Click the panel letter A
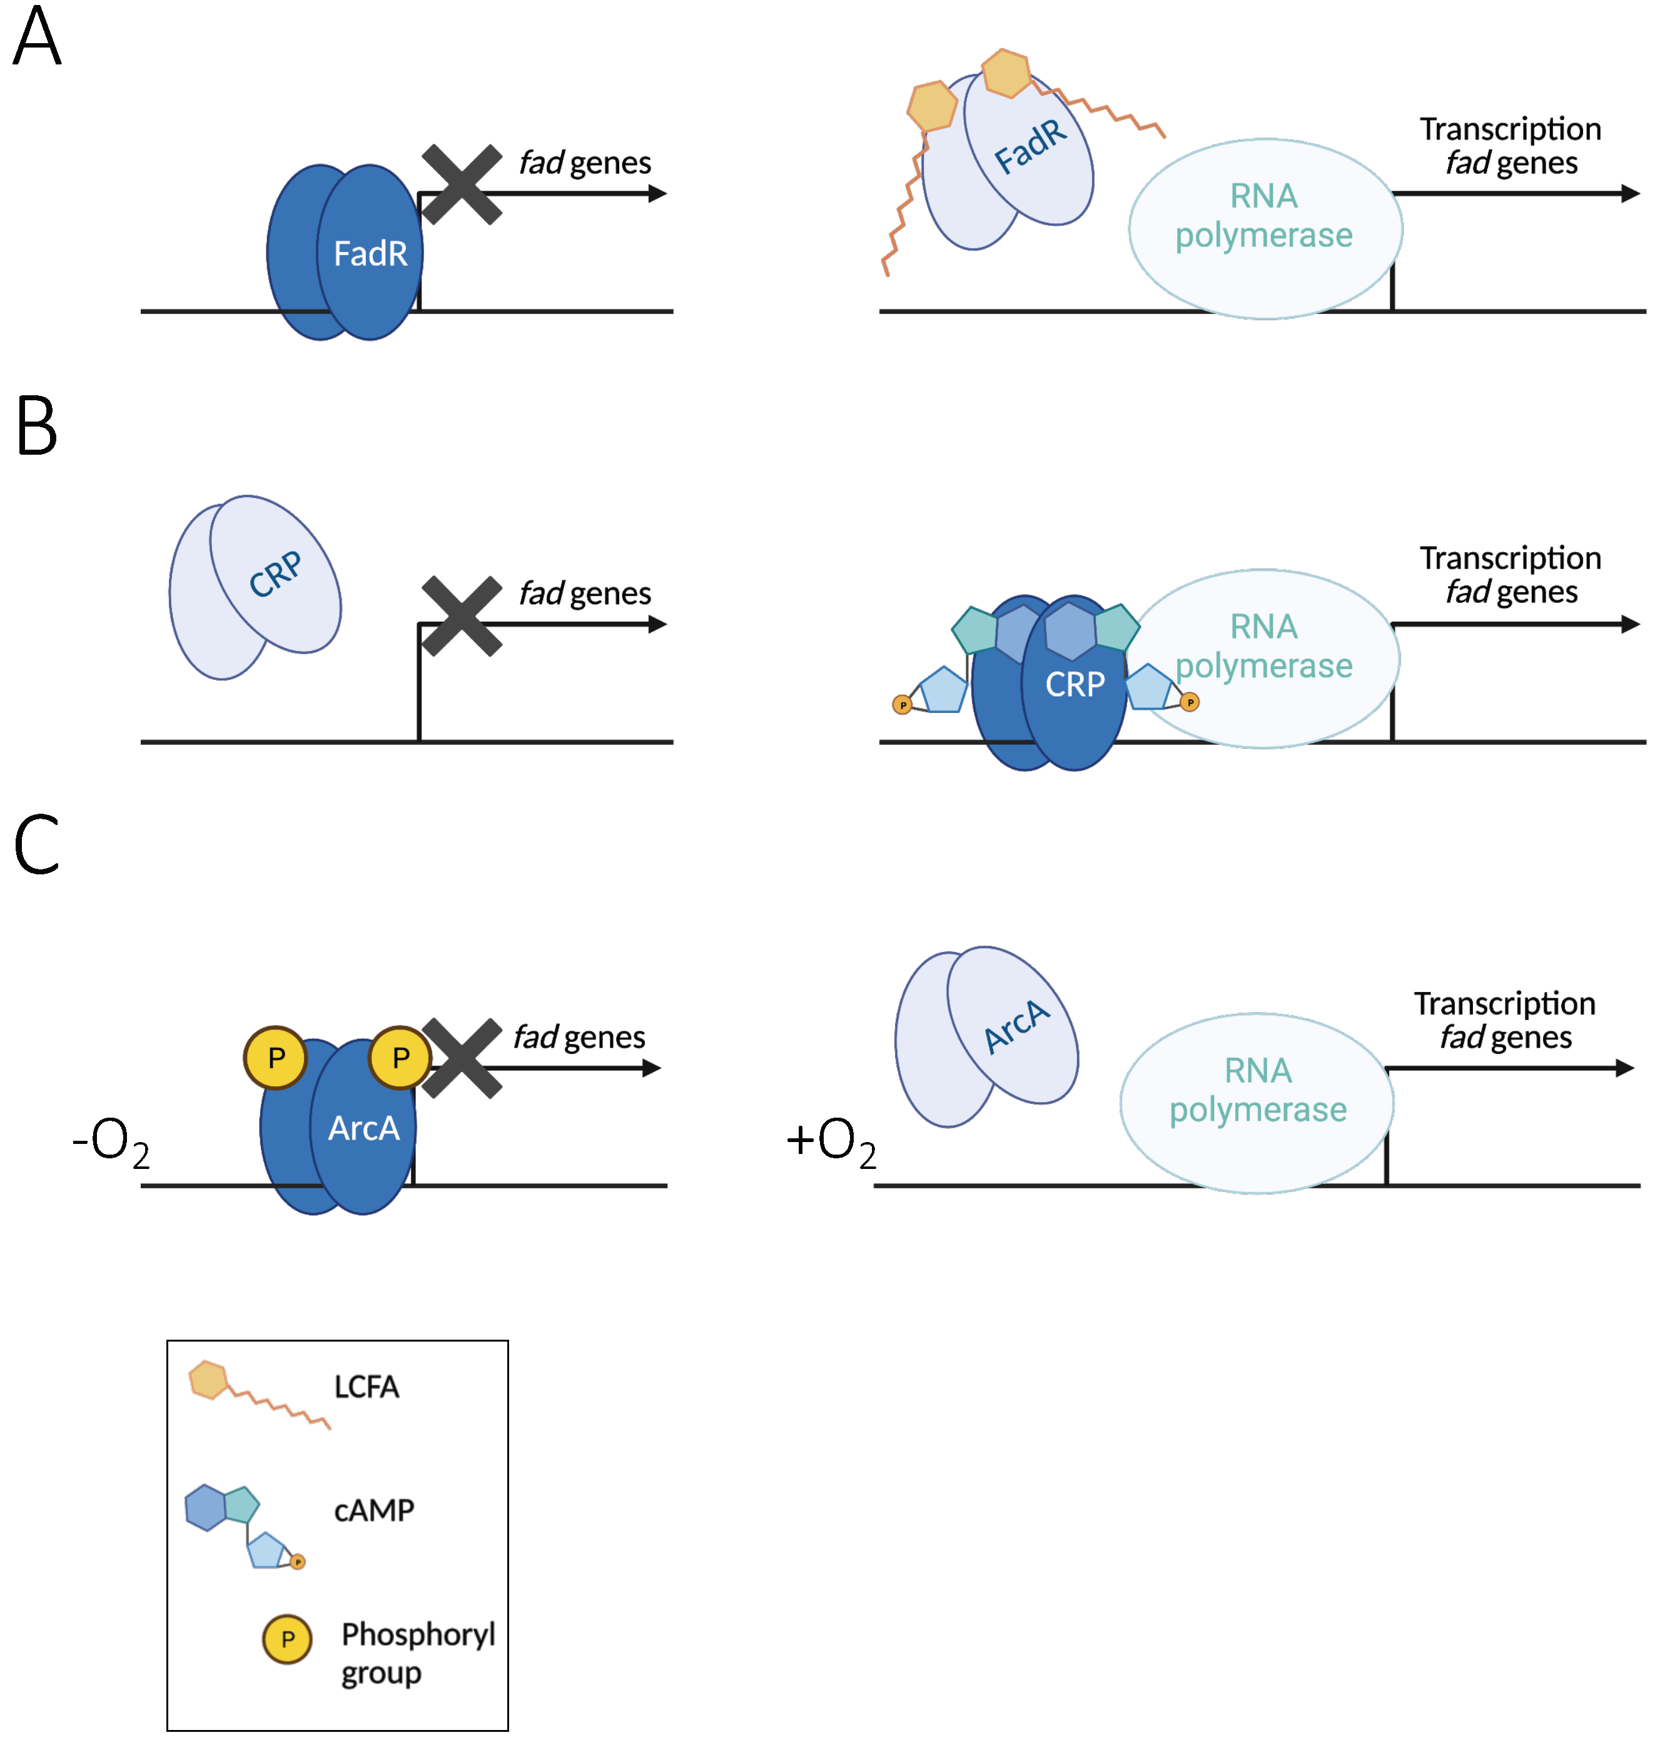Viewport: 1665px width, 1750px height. click(x=38, y=38)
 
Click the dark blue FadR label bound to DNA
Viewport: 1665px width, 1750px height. click(x=370, y=254)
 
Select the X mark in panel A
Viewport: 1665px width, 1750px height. click(x=462, y=185)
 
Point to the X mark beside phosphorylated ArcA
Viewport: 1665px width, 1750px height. click(x=462, y=1059)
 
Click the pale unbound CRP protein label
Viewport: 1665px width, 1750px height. click(x=275, y=575)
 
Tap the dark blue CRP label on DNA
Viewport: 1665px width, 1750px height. click(x=1075, y=684)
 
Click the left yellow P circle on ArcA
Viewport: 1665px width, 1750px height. click(x=276, y=1058)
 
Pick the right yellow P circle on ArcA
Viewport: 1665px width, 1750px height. click(x=400, y=1058)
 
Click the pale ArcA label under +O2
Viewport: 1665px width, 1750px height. click(x=1017, y=1027)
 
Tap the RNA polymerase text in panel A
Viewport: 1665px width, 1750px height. click(x=1264, y=216)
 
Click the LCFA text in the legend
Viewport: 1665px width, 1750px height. click(x=367, y=1387)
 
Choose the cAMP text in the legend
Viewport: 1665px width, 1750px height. click(x=373, y=1510)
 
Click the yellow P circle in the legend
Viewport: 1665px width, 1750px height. click(x=286, y=1639)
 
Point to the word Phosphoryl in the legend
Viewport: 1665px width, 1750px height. click(x=418, y=1634)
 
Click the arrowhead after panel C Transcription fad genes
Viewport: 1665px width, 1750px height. click(x=1625, y=1068)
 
